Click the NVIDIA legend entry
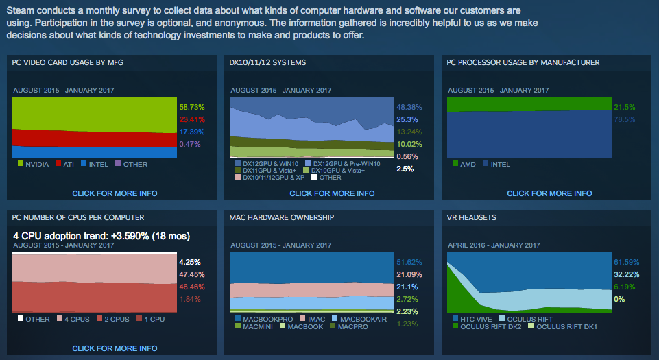[x=33, y=165]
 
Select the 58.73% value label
[x=192, y=107]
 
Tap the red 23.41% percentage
[x=192, y=119]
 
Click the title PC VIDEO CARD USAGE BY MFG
[x=68, y=62]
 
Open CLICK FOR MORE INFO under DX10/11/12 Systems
[x=332, y=193]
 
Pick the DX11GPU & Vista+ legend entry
[x=265, y=171]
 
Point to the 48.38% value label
[x=409, y=107]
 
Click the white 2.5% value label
[x=405, y=169]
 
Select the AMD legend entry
[x=464, y=165]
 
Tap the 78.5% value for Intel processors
[x=625, y=119]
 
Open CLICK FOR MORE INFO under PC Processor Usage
[x=549, y=193]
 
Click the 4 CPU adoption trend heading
[x=101, y=236]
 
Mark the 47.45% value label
[x=192, y=274]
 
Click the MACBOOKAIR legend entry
[x=359, y=320]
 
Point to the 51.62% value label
[x=409, y=262]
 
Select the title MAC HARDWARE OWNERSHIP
[x=282, y=217]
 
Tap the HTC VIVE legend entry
[x=472, y=320]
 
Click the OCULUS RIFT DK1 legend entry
[x=562, y=327]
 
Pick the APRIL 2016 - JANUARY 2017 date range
[x=494, y=245]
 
